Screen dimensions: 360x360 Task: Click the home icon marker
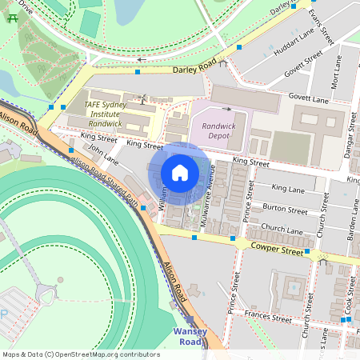[180, 173]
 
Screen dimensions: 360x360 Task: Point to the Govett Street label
[304, 65]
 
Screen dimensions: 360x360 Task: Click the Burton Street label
[286, 210]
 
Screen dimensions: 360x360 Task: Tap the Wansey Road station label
[190, 337]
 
